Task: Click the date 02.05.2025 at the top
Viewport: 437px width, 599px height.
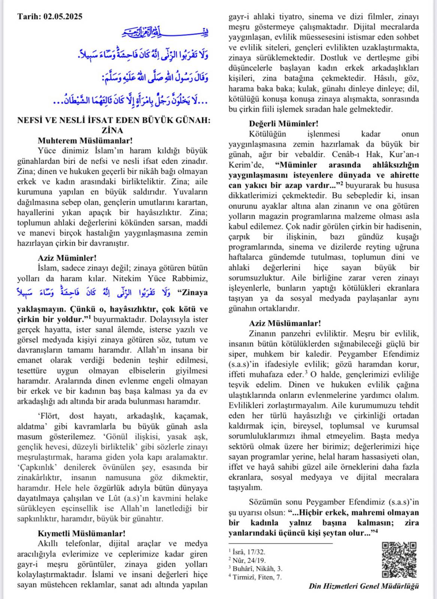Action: [x=63, y=16]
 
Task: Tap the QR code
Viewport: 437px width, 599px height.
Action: [x=399, y=560]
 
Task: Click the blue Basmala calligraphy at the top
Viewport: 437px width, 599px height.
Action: [x=165, y=33]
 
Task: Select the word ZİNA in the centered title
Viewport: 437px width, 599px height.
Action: [x=112, y=130]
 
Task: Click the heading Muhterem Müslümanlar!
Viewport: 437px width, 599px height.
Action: [x=85, y=140]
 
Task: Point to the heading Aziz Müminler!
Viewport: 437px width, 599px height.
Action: [x=67, y=258]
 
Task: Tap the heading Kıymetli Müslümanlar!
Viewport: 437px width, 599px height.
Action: [x=82, y=533]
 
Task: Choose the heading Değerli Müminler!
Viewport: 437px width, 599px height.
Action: [x=284, y=124]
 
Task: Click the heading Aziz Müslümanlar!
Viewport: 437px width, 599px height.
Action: [x=285, y=323]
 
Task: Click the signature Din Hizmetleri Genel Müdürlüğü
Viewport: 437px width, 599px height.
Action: [x=364, y=586]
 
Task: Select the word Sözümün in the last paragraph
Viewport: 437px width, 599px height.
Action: [x=266, y=502]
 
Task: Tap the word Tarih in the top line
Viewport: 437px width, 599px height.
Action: [x=28, y=16]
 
